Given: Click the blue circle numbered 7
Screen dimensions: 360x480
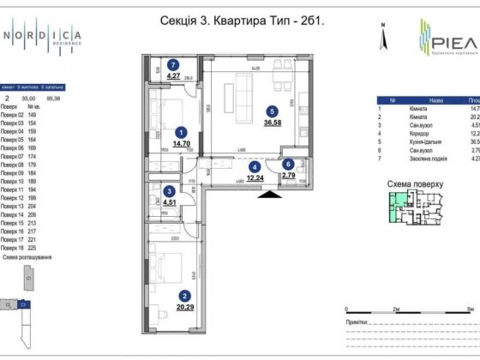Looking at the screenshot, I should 173,65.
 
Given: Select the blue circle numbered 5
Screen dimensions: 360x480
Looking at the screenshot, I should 272,111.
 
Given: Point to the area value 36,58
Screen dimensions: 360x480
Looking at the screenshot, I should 272,123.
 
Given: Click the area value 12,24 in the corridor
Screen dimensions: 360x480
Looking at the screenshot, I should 254,178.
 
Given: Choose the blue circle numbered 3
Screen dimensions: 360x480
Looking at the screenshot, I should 171,192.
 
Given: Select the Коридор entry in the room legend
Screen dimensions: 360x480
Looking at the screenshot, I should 416,132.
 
